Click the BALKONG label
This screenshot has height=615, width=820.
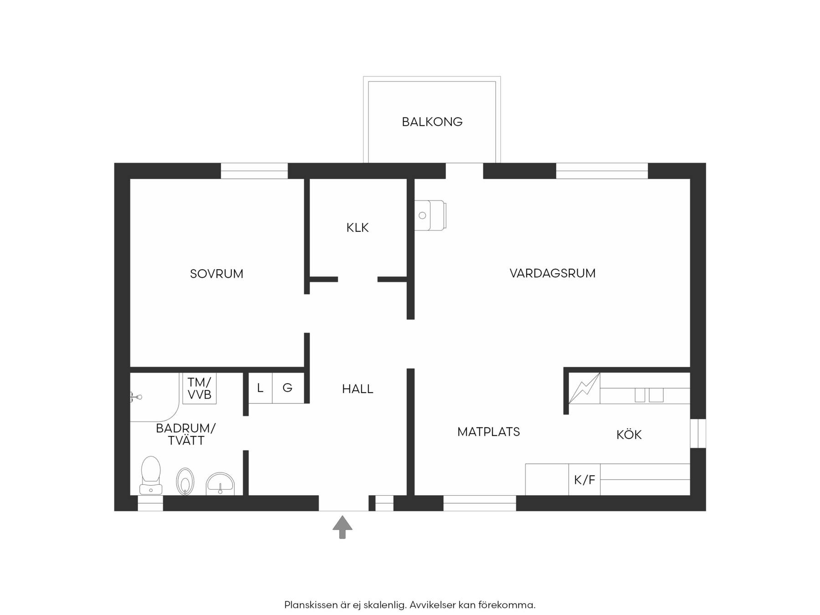tap(432, 122)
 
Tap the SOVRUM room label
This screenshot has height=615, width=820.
tap(216, 274)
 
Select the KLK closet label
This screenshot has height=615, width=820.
tap(357, 227)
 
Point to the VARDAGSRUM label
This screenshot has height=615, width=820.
tap(552, 273)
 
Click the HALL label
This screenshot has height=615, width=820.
tap(358, 389)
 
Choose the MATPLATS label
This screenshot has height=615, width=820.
tap(488, 431)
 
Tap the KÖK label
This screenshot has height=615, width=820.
tap(629, 434)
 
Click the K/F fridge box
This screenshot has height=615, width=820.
tap(584, 479)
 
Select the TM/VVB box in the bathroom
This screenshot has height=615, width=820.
tap(200, 388)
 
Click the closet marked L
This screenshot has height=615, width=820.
tap(260, 388)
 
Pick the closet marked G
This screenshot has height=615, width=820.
tap(288, 388)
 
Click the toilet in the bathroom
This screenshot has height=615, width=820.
tap(151, 475)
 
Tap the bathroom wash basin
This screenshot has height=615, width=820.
tap(220, 484)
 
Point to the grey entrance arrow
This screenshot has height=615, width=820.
tap(342, 527)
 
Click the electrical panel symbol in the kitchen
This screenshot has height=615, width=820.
tap(584, 388)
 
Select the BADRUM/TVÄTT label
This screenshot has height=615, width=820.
tap(186, 434)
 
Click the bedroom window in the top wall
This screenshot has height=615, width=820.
tap(254, 171)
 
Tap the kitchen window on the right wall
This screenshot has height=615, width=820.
tap(698, 433)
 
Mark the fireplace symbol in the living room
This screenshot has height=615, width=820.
tap(430, 215)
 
